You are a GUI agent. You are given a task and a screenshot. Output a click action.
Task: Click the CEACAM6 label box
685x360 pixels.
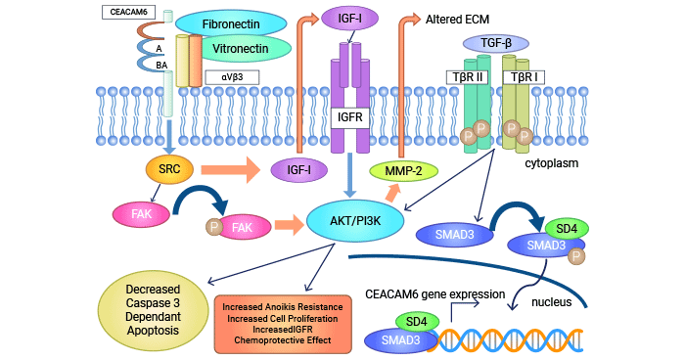pyautogui.click(x=125, y=13)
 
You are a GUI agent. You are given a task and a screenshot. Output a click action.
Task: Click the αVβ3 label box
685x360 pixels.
pyautogui.click(x=233, y=76)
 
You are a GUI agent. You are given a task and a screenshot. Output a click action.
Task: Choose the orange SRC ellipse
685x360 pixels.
pyautogui.click(x=169, y=169)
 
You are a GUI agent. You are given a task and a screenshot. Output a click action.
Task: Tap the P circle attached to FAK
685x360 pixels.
pyautogui.click(x=214, y=227)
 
